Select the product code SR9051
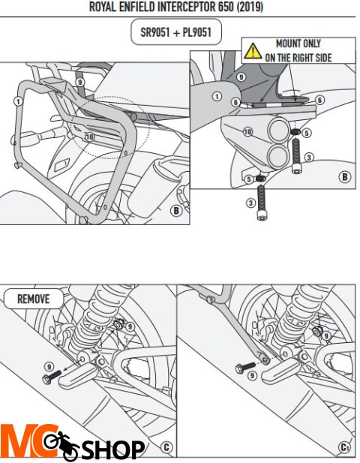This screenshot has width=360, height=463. (154, 32)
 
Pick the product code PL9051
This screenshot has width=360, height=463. (196, 32)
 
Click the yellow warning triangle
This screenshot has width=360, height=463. (253, 51)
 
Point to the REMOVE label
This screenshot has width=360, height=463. (33, 299)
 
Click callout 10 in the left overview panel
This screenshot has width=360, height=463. (89, 137)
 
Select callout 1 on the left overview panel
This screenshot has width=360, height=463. (18, 101)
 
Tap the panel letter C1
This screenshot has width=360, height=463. (344, 447)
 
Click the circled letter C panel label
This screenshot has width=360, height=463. (166, 447)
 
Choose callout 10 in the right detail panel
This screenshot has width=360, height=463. (248, 132)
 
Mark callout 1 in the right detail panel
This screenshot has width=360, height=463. (217, 96)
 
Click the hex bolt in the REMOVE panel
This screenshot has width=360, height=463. (52, 377)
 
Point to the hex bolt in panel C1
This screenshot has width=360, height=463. (245, 367)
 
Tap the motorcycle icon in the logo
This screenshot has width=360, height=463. (61, 445)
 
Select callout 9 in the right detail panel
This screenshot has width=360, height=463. (241, 77)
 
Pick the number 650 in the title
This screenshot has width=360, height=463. (226, 7)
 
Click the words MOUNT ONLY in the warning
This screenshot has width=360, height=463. (298, 44)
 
